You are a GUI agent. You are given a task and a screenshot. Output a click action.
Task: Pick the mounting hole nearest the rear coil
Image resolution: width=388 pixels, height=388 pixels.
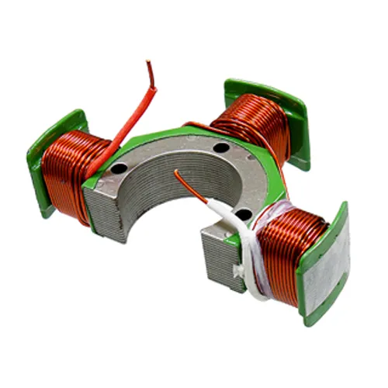click(x=222, y=147)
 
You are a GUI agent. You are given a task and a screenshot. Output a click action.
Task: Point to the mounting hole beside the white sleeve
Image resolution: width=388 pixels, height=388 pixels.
click(x=243, y=213)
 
